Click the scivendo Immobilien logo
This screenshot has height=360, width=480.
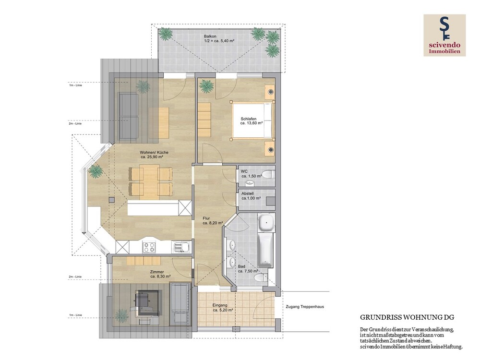[x=444, y=35]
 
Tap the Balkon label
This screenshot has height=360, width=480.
[x=210, y=36]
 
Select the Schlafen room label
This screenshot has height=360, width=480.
[x=249, y=119]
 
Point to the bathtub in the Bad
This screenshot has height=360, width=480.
[x=265, y=251]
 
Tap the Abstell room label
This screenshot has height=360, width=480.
[x=247, y=193]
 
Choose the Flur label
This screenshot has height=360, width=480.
[x=206, y=218]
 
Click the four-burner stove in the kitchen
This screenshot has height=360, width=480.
[x=149, y=247]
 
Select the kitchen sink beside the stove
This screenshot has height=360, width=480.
[x=181, y=247]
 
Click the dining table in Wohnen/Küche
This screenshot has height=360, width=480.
[x=149, y=180]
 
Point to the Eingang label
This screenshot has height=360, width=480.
[x=220, y=305]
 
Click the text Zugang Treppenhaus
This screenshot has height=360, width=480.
[x=305, y=306]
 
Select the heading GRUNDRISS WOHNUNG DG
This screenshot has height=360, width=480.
[x=407, y=317]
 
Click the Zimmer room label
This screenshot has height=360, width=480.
[x=157, y=272]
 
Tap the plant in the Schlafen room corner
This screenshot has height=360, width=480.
[x=206, y=86]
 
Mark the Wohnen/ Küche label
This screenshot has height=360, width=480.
[x=154, y=153]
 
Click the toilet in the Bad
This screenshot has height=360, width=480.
[x=261, y=278]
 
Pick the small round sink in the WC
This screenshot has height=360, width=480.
[x=250, y=183]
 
